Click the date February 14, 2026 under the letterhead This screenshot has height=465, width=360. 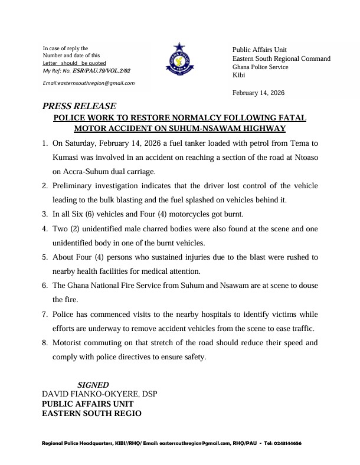pos(259,93)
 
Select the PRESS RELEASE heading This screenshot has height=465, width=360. pos(71,107)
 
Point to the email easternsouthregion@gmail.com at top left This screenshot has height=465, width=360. pos(89,83)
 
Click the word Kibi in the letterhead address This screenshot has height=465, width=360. pos(239,76)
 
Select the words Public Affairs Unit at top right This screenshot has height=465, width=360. pos(260,49)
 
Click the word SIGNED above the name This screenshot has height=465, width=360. pos(93,385)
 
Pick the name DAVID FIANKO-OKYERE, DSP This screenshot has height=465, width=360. pos(100,394)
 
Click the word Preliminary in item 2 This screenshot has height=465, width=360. pos(77,186)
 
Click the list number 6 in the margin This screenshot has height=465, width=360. pos(45,285)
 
